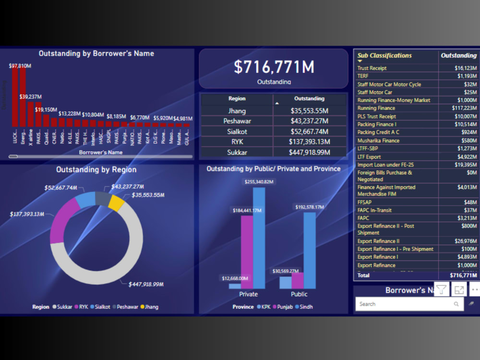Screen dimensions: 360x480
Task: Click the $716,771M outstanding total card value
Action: point(274,67)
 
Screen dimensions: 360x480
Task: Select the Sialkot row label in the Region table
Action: point(237,132)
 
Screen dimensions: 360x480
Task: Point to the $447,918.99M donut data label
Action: point(146,284)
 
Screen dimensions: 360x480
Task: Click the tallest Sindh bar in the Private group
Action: point(259,238)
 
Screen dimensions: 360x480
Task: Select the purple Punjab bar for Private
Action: point(247,252)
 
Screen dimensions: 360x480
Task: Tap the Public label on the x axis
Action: point(299,294)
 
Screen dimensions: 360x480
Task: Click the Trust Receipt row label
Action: point(372,68)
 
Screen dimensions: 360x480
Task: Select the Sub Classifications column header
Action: point(384,56)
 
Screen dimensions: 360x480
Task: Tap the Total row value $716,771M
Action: point(463,276)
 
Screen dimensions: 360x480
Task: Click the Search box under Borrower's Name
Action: point(406,304)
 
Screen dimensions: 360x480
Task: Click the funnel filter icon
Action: point(442,289)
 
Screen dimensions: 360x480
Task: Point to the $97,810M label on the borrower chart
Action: point(20,66)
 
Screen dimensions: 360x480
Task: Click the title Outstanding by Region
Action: point(96,169)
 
